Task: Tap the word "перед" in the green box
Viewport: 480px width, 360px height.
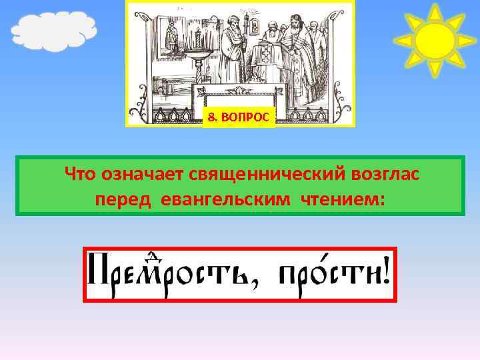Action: click(x=124, y=199)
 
